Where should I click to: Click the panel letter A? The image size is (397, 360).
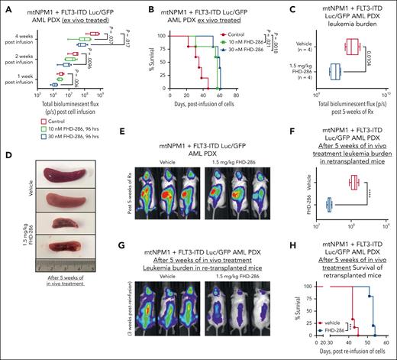tap(5, 6)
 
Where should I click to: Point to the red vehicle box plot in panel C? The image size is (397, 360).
tap(353, 47)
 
